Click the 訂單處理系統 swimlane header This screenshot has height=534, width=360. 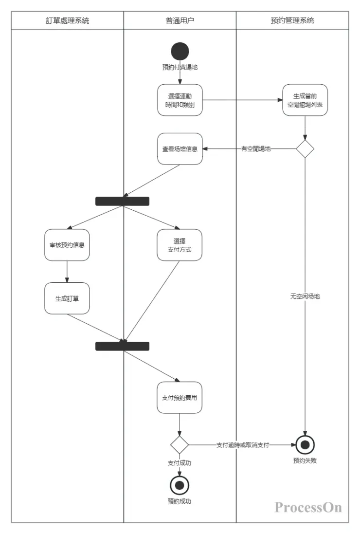tap(67, 20)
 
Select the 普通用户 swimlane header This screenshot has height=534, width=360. tap(180, 20)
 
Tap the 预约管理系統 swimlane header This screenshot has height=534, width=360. tap(292, 20)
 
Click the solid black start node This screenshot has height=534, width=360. tap(180, 51)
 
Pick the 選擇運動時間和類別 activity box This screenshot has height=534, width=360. tap(180, 100)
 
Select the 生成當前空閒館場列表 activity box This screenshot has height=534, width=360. tap(305, 100)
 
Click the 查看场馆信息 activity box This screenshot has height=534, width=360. tap(180, 149)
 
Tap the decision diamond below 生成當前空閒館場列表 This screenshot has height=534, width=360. tap(305, 149)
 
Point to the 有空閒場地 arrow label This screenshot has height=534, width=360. tap(256, 149)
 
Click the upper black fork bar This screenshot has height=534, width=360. tap(122, 201)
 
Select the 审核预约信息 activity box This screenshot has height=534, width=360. tap(67, 245)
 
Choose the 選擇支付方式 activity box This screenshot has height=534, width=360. tap(180, 245)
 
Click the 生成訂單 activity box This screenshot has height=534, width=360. tap(67, 298)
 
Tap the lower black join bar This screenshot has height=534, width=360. tap(122, 346)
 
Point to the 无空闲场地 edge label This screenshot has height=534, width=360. tap(305, 296)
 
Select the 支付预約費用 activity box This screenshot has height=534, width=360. tap(180, 397)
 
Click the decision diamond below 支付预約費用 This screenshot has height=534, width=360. tap(180, 445)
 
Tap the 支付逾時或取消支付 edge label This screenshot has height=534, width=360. tap(243, 445)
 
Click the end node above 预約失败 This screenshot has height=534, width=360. tap(305, 445)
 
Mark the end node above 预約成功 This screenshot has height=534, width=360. tap(180, 485)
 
